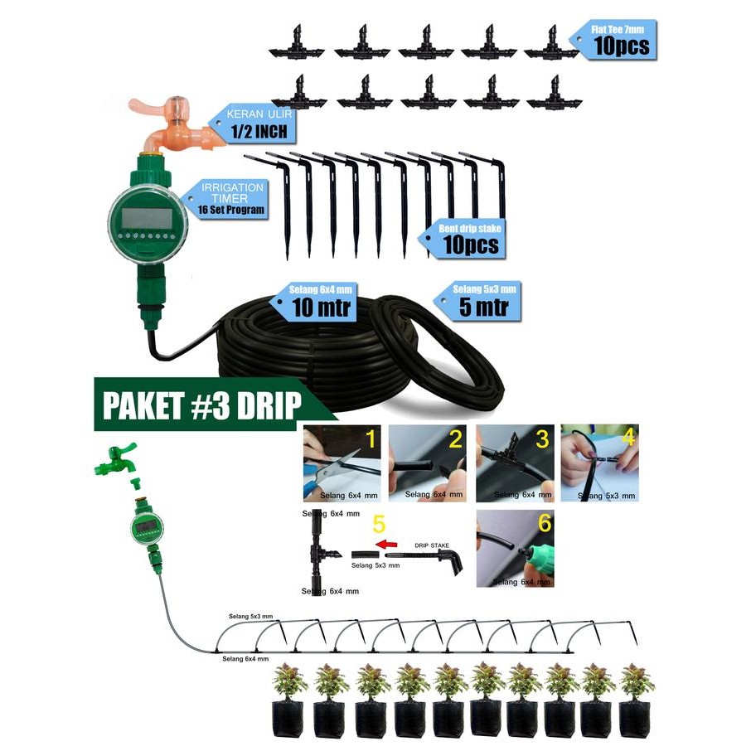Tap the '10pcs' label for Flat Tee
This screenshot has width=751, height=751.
[621, 46]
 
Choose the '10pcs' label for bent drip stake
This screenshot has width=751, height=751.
[469, 245]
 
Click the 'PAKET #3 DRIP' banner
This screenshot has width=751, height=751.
[201, 406]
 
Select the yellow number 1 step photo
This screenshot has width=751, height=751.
[371, 439]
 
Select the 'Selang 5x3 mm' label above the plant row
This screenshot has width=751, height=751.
[251, 617]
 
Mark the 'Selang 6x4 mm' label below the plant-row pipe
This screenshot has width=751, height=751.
[245, 657]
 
